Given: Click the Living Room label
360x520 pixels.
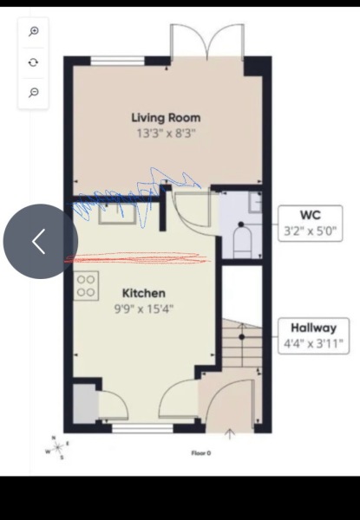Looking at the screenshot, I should tap(166, 117).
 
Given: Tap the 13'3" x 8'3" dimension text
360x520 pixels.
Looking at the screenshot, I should tap(166, 134).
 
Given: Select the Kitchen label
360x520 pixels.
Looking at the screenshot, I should tap(143, 293).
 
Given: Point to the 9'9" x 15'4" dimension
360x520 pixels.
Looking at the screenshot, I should tap(143, 309).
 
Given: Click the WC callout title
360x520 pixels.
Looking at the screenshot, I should tap(310, 215).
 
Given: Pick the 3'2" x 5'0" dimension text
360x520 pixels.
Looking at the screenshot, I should tap(310, 231).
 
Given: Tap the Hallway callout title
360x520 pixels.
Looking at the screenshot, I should tap(313, 328).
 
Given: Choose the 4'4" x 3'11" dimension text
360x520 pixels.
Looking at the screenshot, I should tap(313, 344).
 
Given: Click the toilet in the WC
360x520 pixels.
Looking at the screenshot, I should tap(242, 238).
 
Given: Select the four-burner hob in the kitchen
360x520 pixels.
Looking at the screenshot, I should tap(86, 285).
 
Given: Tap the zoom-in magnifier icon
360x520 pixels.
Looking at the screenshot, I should tap(34, 32).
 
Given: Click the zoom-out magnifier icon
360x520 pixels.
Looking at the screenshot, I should tap(34, 92).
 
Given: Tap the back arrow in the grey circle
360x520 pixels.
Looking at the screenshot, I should tap(39, 242).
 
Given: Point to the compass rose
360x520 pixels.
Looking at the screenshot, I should tap(57, 447).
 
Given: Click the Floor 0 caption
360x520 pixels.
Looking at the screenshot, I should tap(201, 452).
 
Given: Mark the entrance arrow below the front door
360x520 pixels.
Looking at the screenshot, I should tap(230, 433).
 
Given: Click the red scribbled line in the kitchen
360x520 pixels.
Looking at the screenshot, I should tap(139, 257).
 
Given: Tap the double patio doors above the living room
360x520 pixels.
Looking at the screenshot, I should tap(207, 42).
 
